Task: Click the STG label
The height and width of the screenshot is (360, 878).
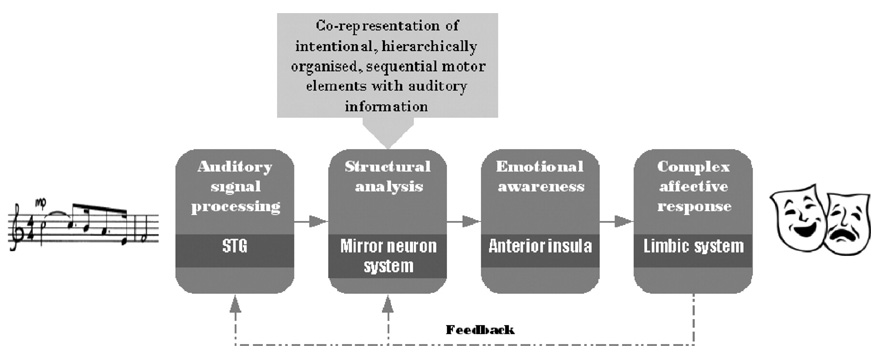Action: (234, 246)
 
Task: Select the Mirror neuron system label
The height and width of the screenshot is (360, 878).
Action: (387, 255)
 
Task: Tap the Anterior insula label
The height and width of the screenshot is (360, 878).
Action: (539, 246)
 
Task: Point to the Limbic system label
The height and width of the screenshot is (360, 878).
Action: (693, 246)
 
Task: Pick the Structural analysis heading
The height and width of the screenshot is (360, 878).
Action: (387, 176)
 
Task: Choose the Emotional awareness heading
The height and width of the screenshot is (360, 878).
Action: (539, 176)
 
